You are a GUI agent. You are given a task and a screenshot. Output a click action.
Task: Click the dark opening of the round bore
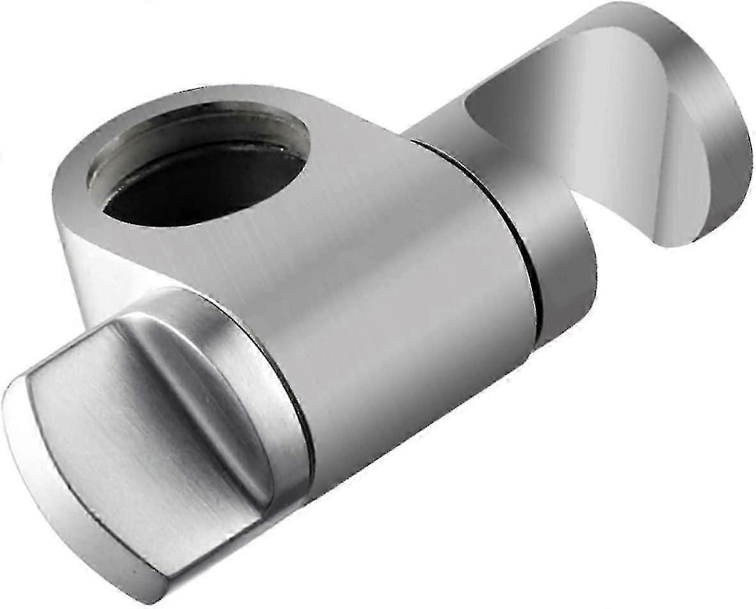(x=205, y=186)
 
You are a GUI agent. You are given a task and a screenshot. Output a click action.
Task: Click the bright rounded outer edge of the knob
(x=38, y=487)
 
